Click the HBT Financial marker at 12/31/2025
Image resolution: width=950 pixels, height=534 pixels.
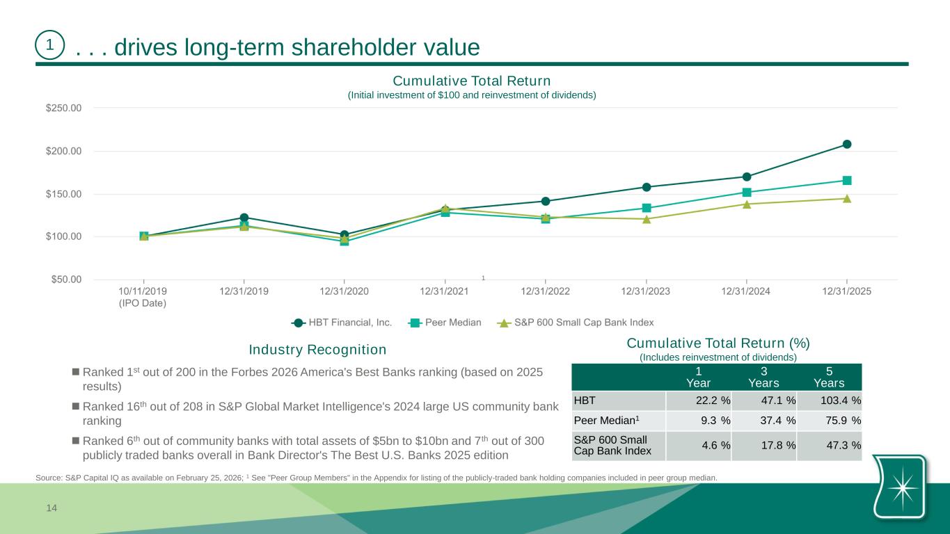[847, 145]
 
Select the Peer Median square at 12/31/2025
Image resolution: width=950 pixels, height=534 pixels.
[847, 181]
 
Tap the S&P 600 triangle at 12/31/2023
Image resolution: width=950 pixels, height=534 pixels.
[647, 219]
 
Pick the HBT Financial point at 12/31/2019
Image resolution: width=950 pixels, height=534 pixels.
[244, 218]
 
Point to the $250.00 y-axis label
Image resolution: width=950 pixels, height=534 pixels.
[63, 108]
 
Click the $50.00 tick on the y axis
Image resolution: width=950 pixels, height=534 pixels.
[63, 280]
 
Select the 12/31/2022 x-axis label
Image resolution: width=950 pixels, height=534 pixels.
[545, 292]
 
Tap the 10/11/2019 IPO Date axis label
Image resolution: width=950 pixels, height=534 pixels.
[143, 297]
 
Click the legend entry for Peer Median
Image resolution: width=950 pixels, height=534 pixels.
[445, 323]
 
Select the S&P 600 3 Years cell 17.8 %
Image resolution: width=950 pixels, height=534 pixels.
[763, 446]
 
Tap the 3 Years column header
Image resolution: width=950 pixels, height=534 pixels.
[763, 378]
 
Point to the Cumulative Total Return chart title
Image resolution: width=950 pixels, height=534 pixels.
[472, 82]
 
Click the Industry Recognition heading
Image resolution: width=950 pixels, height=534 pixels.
[317, 349]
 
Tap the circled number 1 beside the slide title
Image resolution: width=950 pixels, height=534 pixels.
[49, 46]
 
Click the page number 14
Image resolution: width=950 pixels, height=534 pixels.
[52, 508]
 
